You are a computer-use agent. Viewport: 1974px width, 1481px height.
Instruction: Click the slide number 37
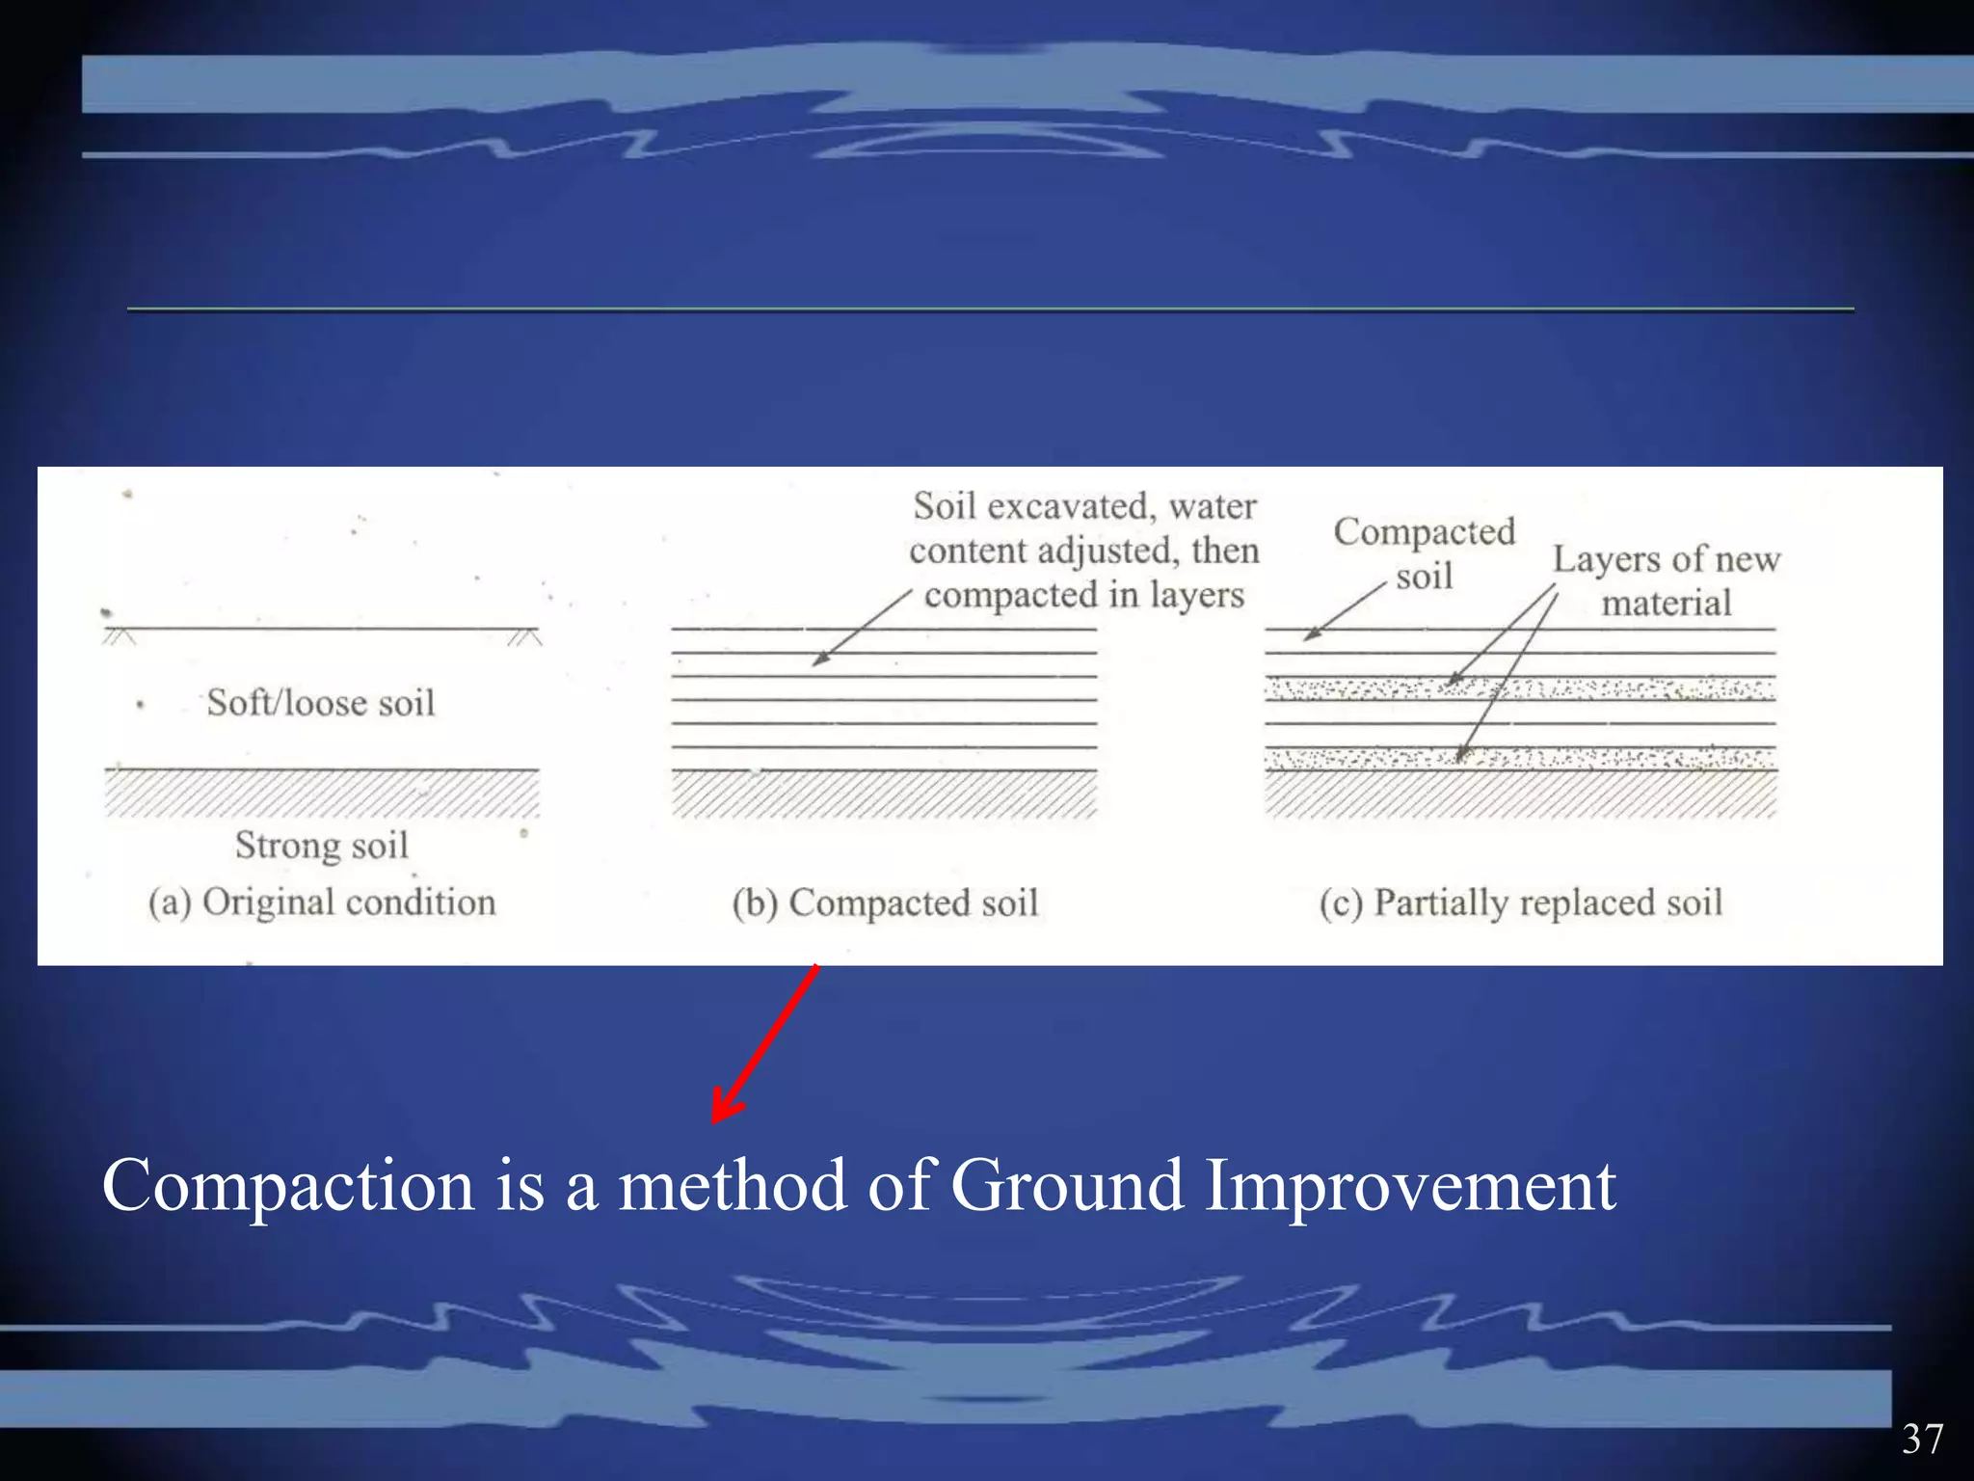(1922, 1439)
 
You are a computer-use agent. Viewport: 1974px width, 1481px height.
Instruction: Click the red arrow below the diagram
(765, 1046)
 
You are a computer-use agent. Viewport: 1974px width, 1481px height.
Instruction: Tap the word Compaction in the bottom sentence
(288, 1186)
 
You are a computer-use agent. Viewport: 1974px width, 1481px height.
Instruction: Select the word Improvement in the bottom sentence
(1410, 1186)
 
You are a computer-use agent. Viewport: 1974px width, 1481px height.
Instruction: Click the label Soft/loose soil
(321, 703)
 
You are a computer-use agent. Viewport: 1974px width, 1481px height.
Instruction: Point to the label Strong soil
(322, 846)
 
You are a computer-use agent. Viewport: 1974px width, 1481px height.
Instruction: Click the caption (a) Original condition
(322, 902)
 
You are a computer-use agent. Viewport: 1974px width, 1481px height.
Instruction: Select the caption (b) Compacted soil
(885, 903)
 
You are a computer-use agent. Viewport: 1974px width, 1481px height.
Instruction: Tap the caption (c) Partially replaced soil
(1520, 903)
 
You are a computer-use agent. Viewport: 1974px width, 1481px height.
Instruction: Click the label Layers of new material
(1666, 580)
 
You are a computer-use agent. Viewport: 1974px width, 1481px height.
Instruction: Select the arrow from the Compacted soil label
(1344, 613)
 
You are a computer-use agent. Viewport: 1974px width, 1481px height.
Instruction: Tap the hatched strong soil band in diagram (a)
(321, 794)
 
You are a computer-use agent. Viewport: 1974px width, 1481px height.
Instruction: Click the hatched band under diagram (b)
(884, 794)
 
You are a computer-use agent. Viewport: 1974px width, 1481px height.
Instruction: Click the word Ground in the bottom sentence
(1067, 1186)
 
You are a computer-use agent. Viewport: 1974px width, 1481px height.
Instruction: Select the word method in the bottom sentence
(732, 1186)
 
